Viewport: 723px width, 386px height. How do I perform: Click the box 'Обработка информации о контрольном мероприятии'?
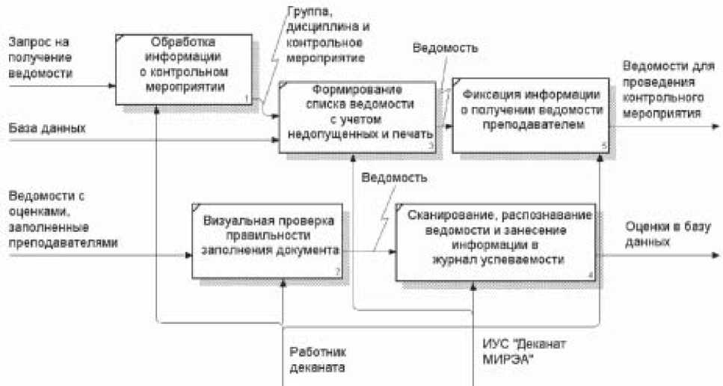point(183,68)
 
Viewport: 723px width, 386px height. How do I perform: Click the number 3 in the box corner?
point(431,147)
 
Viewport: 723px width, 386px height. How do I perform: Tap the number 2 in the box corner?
point(338,274)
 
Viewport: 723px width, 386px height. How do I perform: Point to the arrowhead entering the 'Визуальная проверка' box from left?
point(189,255)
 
